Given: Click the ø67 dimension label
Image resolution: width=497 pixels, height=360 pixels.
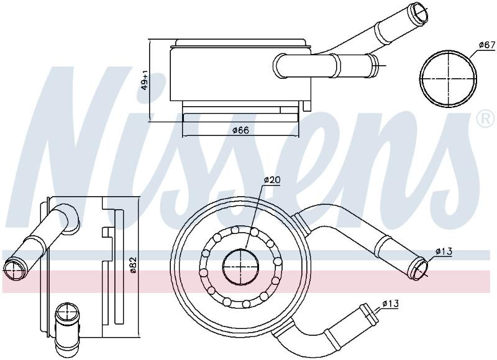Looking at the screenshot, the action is click(x=487, y=45).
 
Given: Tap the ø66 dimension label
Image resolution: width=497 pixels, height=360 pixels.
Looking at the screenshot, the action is click(x=241, y=130).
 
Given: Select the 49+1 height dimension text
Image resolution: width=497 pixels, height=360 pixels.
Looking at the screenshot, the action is click(x=145, y=80).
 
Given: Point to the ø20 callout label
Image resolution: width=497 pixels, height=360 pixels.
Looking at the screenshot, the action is click(x=272, y=180).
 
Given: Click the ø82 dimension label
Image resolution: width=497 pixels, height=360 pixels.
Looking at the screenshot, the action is click(x=132, y=264).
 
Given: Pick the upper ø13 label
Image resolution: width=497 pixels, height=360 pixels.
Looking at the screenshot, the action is click(x=444, y=252).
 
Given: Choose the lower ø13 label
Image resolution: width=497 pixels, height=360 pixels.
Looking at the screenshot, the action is click(x=390, y=304).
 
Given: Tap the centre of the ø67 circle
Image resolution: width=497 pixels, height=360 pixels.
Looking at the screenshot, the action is click(x=448, y=78).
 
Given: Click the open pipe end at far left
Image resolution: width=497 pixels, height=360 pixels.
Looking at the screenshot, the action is click(x=14, y=270).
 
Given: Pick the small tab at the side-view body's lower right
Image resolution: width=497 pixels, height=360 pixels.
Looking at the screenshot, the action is click(x=307, y=106).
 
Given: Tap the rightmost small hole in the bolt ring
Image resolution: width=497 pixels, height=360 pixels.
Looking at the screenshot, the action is click(x=278, y=261).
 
